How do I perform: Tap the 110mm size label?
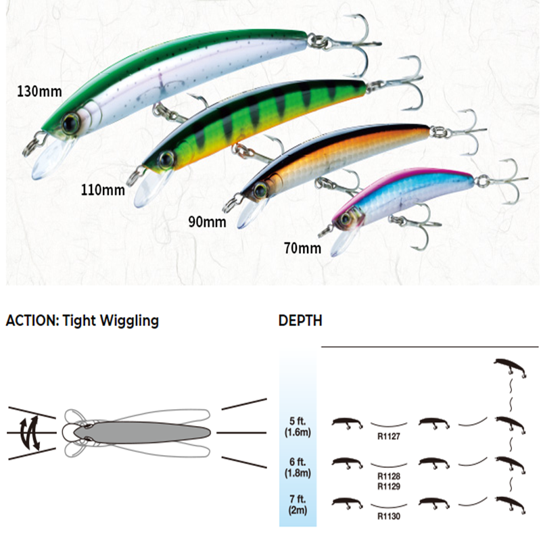tap(102, 189)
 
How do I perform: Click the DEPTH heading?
tap(300, 321)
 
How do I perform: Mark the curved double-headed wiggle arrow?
tap(27, 431)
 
